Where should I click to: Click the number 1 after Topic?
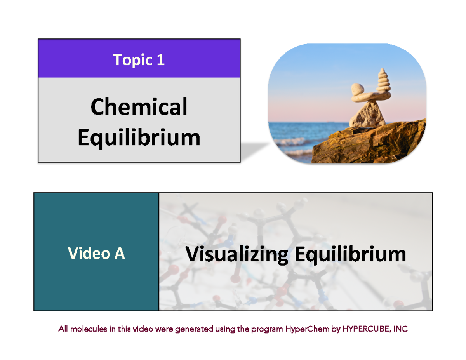coord(160,60)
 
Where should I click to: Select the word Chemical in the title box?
coord(139,107)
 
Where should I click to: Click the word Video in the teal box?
coord(83,253)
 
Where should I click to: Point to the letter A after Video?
coord(119,253)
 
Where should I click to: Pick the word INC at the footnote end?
coord(400,329)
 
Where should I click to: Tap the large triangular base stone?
coord(367,115)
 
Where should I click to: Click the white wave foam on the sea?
coord(289,141)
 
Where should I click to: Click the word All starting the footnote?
coord(63,329)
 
